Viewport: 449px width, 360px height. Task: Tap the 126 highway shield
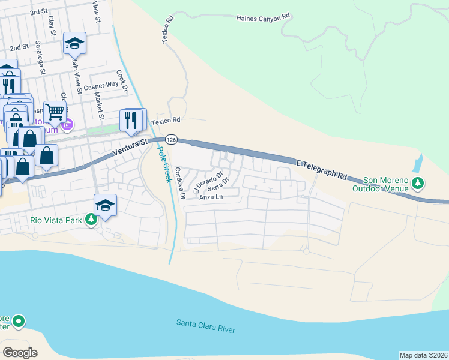coord(172,139)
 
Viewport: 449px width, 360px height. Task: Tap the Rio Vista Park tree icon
coord(91,220)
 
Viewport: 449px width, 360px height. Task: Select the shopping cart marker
coord(55,111)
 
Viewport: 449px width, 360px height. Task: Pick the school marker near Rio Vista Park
coord(106,205)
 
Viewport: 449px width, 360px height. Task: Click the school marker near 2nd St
coord(75,43)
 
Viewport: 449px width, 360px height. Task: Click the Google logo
coord(20,352)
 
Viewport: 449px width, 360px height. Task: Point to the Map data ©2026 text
coord(423,355)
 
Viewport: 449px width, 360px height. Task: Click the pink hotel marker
coord(68,125)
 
